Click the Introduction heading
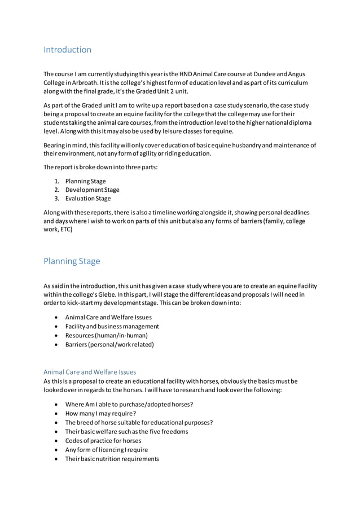[x=67, y=50]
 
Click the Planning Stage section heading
[x=72, y=261]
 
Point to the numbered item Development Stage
[x=92, y=190]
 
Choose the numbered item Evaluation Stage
[x=88, y=199]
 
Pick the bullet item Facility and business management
[x=112, y=326]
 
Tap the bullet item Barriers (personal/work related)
[x=109, y=344]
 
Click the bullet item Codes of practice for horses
[x=103, y=441]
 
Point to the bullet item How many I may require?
[x=100, y=413]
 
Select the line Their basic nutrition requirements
[x=112, y=459]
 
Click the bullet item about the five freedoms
[x=126, y=432]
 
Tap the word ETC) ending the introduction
[x=65, y=230]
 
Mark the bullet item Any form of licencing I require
[x=107, y=450]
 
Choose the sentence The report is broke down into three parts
[x=98, y=167]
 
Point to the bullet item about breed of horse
[x=139, y=422]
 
